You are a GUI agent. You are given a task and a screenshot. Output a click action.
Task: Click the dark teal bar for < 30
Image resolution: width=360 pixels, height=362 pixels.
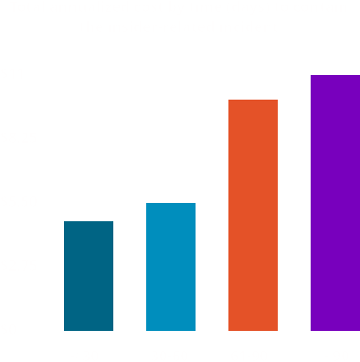coord(88,275)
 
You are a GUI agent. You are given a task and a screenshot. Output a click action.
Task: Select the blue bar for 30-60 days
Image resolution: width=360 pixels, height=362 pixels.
coord(170,266)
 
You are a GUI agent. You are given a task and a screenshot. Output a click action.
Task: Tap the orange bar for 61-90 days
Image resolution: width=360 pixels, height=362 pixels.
coord(252,215)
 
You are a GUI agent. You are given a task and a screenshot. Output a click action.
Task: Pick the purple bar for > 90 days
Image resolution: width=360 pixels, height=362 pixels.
coord(334,202)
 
